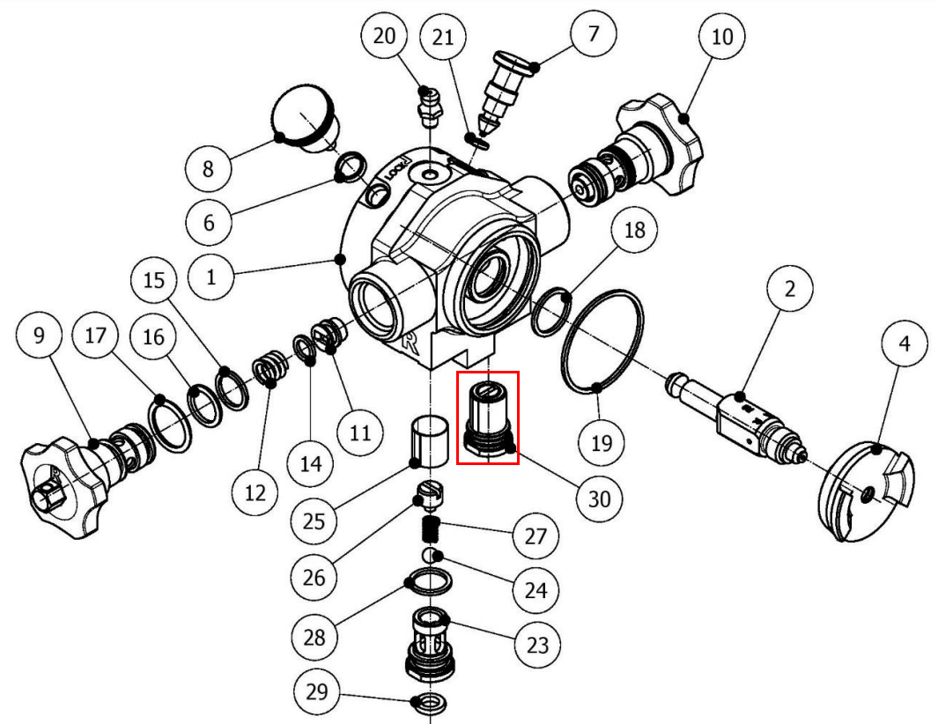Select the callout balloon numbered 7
[x=593, y=34]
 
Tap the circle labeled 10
[x=721, y=37]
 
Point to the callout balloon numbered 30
[x=599, y=499]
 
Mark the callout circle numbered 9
[x=40, y=335]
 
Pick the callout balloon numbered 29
[x=317, y=691]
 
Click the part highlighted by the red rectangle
[x=487, y=417]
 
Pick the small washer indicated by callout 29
[x=429, y=704]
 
